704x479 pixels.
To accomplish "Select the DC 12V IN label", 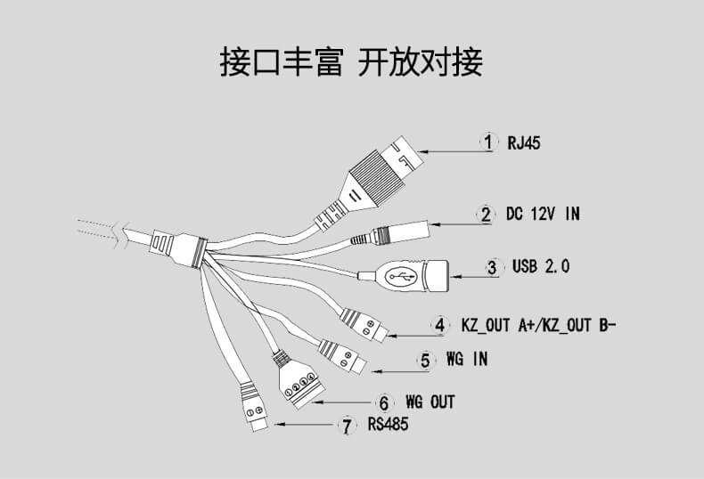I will [x=542, y=214].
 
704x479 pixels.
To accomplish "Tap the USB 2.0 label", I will [x=540, y=266].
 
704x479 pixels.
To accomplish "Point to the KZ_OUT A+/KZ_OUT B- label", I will [x=538, y=325].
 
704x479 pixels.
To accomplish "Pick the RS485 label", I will [x=388, y=426].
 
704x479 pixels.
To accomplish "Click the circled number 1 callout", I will [x=487, y=142].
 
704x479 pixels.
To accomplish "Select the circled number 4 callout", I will [x=438, y=325].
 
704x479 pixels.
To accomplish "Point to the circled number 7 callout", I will [x=346, y=426].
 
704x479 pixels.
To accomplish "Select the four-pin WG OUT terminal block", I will [x=299, y=385].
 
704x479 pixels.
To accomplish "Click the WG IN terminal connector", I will [x=343, y=356].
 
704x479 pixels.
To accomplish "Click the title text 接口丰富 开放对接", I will [x=351, y=62].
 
